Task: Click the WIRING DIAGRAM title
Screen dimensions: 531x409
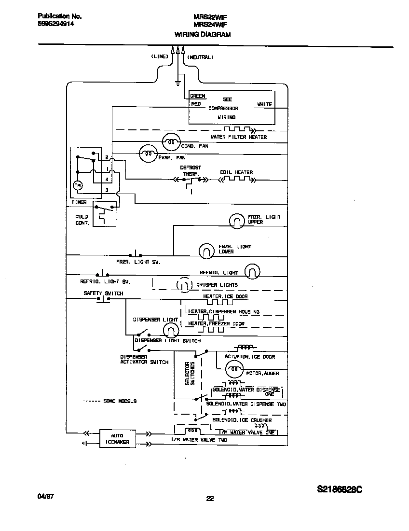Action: coord(202,35)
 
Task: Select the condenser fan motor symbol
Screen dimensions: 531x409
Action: coord(170,141)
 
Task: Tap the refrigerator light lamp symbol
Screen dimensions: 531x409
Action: coord(252,272)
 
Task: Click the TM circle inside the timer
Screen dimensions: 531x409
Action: coord(78,186)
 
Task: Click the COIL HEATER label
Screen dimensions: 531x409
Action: coord(236,172)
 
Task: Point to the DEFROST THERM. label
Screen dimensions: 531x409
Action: coord(191,170)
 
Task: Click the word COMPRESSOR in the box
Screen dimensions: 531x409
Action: coord(223,109)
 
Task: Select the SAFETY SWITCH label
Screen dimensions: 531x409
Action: coord(103,293)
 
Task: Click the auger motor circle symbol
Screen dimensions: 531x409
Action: coord(233,369)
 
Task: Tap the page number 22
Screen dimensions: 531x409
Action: coord(210,499)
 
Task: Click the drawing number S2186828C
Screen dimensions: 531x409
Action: coord(340,489)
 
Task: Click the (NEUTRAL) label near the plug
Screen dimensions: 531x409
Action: coord(200,57)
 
